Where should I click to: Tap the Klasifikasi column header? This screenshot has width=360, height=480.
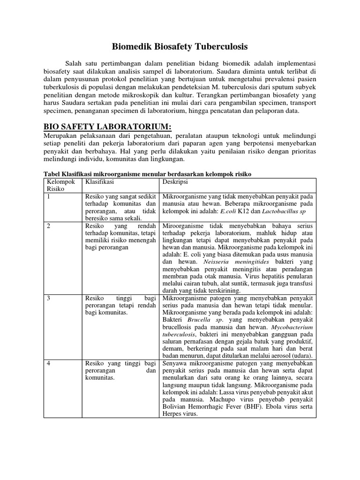click(x=99, y=181)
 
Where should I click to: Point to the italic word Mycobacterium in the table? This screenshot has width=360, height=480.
click(x=291, y=327)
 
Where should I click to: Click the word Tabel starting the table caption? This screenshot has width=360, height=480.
click(x=53, y=174)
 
